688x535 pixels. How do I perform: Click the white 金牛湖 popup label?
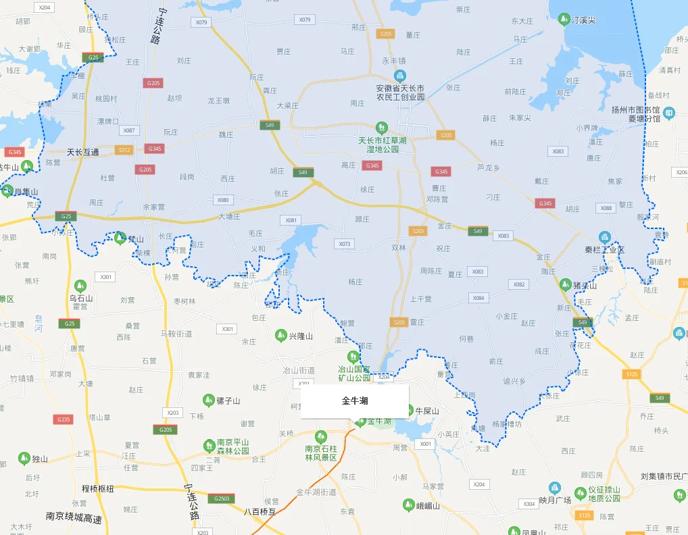click(x=355, y=401)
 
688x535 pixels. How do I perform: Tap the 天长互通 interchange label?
click(x=82, y=152)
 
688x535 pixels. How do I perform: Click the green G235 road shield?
click(x=64, y=419)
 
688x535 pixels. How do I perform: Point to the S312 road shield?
click(x=124, y=149)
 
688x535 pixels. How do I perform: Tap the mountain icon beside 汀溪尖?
click(x=563, y=19)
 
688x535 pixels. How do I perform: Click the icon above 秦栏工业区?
click(x=604, y=237)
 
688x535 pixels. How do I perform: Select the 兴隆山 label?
click(x=302, y=336)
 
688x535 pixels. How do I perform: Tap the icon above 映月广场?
click(x=555, y=487)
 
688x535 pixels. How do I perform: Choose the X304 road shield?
click(x=529, y=504)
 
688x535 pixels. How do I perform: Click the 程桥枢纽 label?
click(x=97, y=488)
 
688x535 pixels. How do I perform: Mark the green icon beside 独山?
click(x=24, y=459)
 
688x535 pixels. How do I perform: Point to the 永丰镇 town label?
click(x=393, y=60)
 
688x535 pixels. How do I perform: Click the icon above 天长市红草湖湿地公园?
click(x=381, y=127)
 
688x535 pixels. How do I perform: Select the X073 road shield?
click(x=343, y=244)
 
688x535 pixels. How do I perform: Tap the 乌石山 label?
click(x=80, y=297)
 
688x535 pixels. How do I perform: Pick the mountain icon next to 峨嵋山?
click(x=408, y=505)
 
